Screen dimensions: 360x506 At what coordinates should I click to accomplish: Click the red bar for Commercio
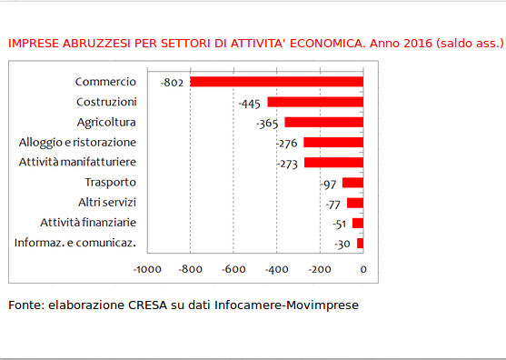pos(276,82)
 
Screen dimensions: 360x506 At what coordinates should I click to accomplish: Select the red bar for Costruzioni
pos(315,102)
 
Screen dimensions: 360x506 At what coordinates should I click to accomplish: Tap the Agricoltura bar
pos(324,122)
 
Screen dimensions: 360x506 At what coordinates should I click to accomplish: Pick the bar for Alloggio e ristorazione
pos(333,143)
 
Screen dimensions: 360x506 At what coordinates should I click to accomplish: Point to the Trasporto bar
pos(352,183)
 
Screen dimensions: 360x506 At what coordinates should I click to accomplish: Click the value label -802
pos(173,83)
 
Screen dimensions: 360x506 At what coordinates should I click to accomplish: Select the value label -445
pos(250,103)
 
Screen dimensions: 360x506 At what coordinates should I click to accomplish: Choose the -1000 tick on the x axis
pos(146,270)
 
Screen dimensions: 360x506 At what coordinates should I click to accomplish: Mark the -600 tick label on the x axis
pos(233,270)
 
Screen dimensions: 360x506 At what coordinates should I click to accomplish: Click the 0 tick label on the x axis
pos(363,270)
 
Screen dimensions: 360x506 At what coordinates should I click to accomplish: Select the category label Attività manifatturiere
pos(77,163)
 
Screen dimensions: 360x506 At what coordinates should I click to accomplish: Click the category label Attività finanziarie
pos(88,223)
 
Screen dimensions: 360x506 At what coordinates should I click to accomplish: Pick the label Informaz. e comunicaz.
pos(76,243)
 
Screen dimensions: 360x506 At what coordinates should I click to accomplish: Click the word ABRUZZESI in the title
pos(95,43)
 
